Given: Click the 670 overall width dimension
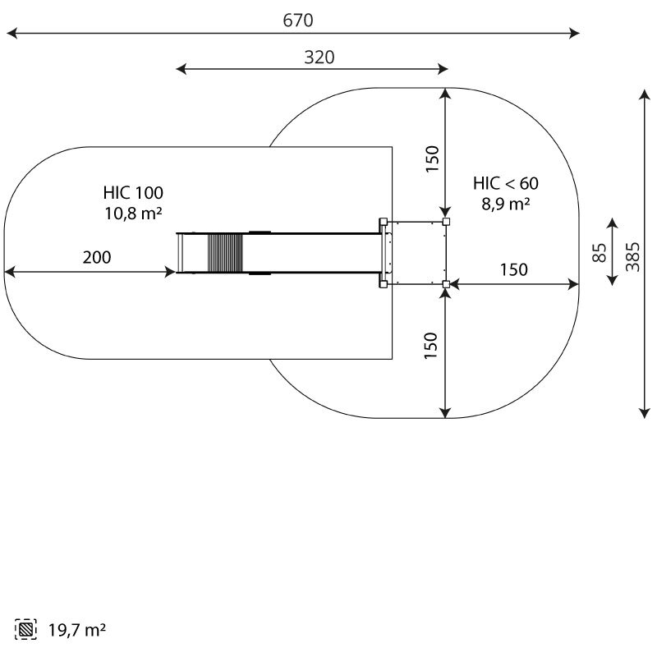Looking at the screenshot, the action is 298,20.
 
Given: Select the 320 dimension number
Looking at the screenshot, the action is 319,57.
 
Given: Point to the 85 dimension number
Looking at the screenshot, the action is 600,253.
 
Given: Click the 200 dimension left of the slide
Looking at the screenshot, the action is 97,257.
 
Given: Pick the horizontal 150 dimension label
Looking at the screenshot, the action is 514,269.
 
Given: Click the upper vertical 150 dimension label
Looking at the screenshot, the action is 432,159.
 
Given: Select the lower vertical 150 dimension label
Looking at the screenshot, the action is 430,346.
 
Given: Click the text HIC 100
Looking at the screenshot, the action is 133,193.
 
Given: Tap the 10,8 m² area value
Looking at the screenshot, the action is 133,214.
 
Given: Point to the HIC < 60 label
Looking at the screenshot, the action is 506,183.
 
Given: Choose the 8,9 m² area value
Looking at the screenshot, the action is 506,204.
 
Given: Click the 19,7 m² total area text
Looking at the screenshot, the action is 77,630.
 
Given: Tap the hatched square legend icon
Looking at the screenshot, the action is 25,629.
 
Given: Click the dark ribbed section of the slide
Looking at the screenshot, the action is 225,253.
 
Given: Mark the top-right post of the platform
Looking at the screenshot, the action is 446,222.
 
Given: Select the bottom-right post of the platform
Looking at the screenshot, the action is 446,284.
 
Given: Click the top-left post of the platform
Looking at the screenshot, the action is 383,222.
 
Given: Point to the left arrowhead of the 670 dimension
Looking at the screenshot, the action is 12,33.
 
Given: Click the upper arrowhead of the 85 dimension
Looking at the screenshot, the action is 613,223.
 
